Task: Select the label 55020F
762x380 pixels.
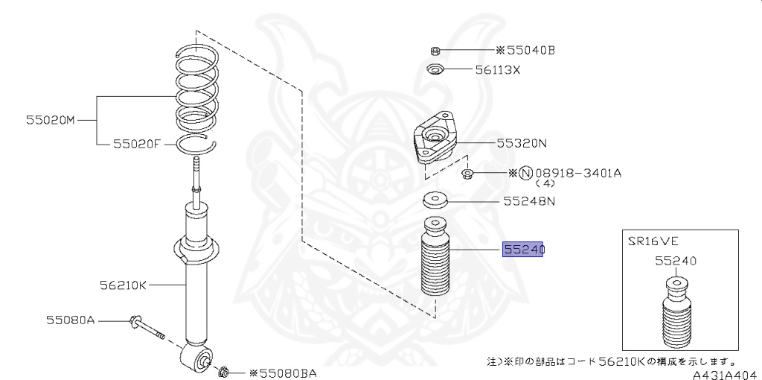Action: [x=137, y=145]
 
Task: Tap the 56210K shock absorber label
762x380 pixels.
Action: [x=124, y=284]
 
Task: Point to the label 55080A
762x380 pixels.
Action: [x=71, y=320]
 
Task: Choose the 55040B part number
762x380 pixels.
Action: [x=530, y=51]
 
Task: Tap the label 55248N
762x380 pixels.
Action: [x=528, y=200]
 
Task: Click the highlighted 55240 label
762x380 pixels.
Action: [x=523, y=251]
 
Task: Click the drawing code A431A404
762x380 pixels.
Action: [x=725, y=373]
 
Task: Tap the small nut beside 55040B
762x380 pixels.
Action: [x=435, y=51]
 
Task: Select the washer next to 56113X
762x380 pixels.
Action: [x=435, y=71]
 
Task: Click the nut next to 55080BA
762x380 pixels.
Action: [x=225, y=370]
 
